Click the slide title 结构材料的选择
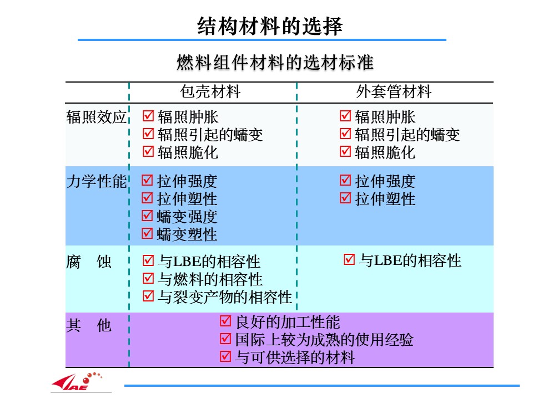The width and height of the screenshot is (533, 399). click(x=270, y=26)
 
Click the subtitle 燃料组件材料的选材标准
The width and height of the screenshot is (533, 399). click(x=275, y=63)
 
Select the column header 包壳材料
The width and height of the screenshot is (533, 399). click(x=210, y=92)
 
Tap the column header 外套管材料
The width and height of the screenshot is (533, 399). click(x=394, y=92)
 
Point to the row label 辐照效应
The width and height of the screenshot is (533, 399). click(x=97, y=117)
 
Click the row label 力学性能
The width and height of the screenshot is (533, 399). click(x=97, y=181)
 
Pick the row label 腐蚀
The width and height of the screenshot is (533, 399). click(x=89, y=262)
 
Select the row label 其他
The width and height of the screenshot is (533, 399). click(x=89, y=326)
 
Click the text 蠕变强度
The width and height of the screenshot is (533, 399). click(x=187, y=217)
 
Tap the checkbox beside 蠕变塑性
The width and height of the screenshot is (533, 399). click(x=147, y=233)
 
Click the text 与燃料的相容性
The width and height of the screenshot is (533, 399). click(x=210, y=279)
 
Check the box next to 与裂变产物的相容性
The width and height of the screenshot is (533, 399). click(x=148, y=296)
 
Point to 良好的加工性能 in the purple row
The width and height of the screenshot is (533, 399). click(x=288, y=322)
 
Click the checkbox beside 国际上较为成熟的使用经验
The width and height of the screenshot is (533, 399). click(x=225, y=339)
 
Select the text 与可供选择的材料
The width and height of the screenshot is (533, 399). click(x=295, y=357)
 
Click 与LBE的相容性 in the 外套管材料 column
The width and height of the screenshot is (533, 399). click(x=410, y=260)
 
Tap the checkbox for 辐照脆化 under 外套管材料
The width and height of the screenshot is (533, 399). click(x=345, y=151)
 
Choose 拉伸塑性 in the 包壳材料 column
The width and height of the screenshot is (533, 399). click(x=187, y=199)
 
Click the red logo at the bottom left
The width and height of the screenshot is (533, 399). click(x=77, y=382)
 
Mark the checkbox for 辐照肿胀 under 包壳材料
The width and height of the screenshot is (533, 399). click(x=148, y=116)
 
